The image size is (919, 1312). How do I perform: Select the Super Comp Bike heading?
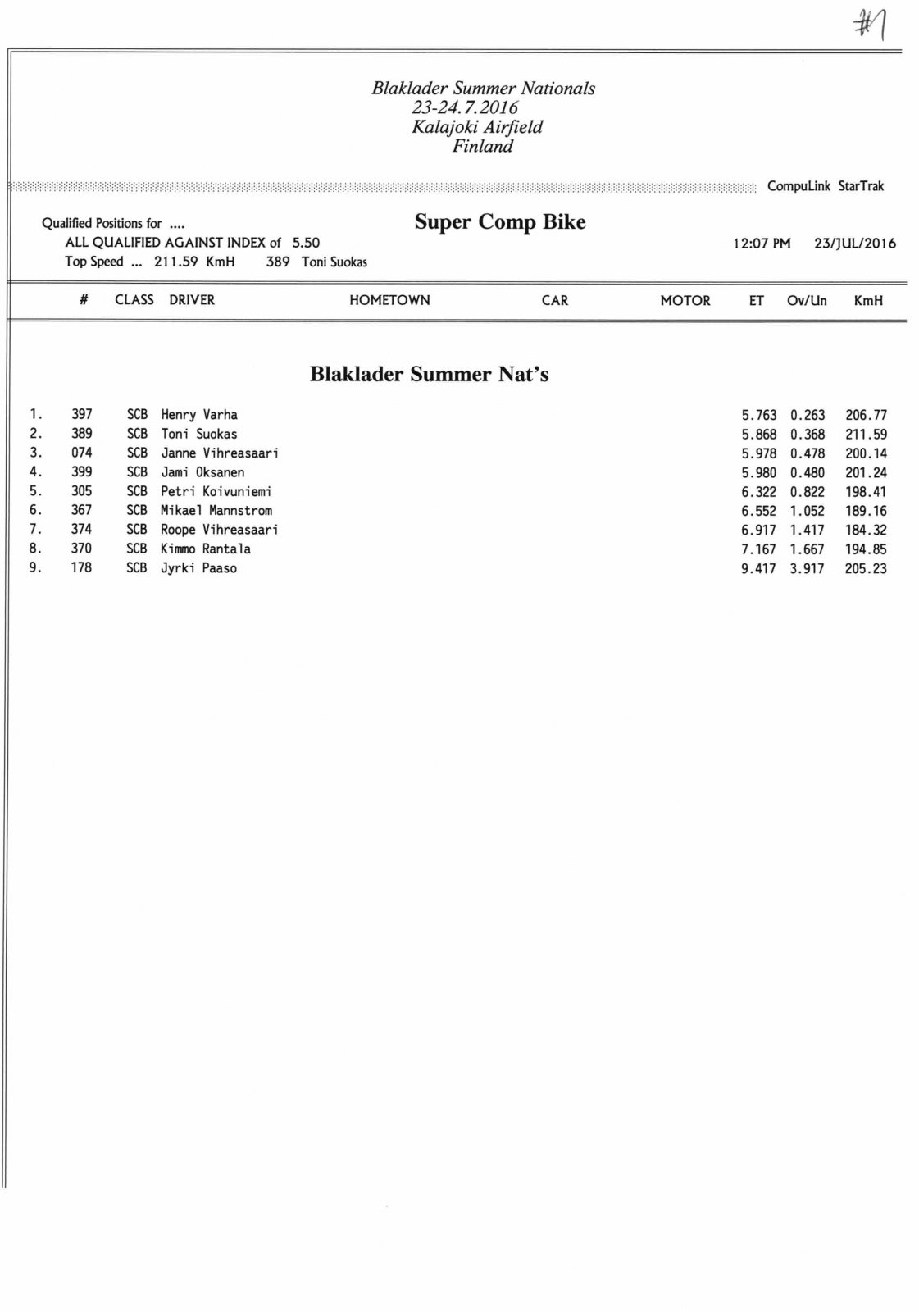499,222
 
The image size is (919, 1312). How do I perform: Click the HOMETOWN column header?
389,300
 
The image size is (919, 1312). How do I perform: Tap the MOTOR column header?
685,300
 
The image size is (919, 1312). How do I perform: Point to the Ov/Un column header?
807,300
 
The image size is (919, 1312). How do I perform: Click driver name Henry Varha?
199,415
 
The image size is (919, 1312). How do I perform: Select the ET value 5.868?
758,435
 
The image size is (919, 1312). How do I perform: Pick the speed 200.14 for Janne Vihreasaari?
866,453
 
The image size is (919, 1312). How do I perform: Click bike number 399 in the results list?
81,472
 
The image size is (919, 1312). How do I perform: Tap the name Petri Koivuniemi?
216,492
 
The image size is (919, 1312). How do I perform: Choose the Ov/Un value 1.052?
807,511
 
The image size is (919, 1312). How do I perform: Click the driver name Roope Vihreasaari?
219,530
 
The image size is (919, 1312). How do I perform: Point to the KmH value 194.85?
866,549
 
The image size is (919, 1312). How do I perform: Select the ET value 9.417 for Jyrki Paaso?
758,568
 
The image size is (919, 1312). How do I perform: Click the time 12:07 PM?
762,244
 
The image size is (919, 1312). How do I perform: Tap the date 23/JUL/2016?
854,244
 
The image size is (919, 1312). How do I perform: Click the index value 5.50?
306,243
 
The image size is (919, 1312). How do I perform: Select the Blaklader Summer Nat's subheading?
429,375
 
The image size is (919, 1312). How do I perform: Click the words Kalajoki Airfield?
477,127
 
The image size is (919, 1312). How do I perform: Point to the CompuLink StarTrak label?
825,186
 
